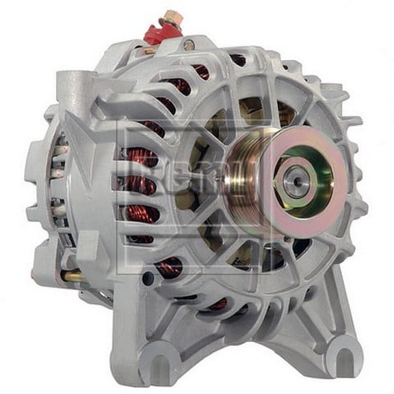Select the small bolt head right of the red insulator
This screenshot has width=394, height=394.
pyautogui.click(x=188, y=45)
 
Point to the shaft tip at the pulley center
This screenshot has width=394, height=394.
pyautogui.click(x=295, y=182)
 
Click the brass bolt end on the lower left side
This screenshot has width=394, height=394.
pyautogui.click(x=71, y=276)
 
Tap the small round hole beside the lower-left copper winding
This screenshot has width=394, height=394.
pyautogui.click(x=148, y=277)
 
